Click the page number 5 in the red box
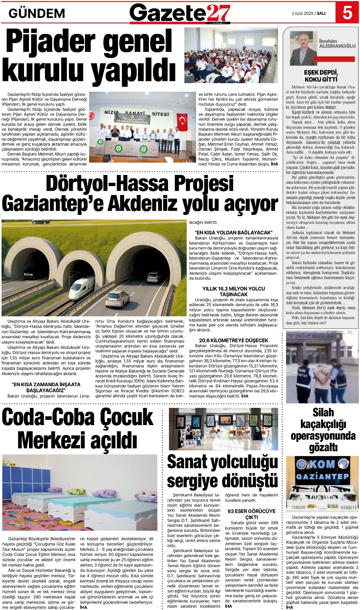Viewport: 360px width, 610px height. pyautogui.click(x=347, y=13)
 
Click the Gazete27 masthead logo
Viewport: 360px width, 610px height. pyautogui.click(x=180, y=13)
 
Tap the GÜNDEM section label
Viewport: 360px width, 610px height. pyautogui.click(x=37, y=14)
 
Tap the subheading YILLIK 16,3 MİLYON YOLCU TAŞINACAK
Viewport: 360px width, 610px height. pyautogui.click(x=234, y=291)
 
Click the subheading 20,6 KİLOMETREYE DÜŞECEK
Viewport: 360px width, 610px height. pyautogui.click(x=234, y=340)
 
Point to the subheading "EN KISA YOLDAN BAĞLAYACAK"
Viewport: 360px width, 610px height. pyautogui.click(x=234, y=232)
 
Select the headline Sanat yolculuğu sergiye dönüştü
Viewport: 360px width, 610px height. pyautogui.click(x=222, y=471)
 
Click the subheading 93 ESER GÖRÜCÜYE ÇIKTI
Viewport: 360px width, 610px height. pyautogui.click(x=251, y=514)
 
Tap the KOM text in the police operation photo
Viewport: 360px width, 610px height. pyautogui.click(x=322, y=464)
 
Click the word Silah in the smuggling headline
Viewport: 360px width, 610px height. pyautogui.click(x=323, y=413)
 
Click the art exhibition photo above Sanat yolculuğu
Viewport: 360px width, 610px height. pyautogui.click(x=223, y=429)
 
